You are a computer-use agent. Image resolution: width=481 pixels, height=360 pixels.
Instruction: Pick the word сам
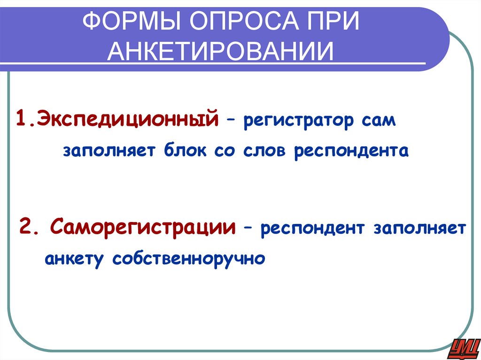click(379, 121)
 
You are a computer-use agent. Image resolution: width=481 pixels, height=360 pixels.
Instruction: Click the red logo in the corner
click(463, 347)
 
